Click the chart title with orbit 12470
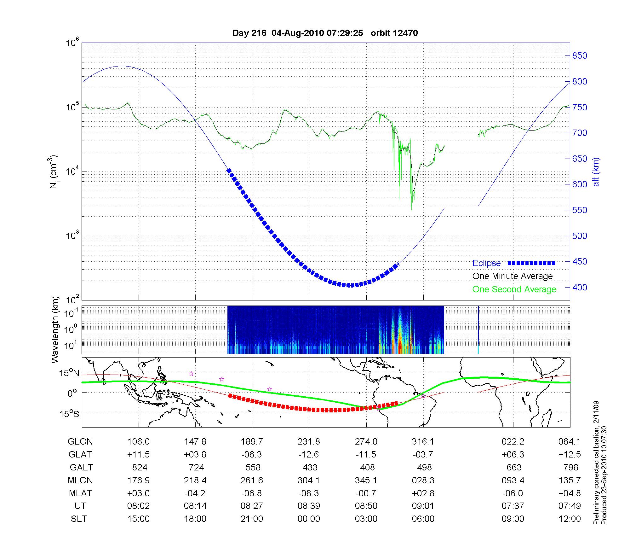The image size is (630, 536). point(325,33)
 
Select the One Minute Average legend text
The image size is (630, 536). point(513,276)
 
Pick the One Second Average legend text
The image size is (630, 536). point(514,289)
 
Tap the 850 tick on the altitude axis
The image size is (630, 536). point(580,56)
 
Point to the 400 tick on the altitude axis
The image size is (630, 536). point(580,288)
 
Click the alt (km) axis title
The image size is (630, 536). point(596,172)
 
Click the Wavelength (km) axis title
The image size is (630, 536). point(55,329)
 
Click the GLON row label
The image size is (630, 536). point(80,442)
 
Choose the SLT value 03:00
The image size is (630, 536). point(366,519)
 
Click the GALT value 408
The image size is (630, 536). point(367,467)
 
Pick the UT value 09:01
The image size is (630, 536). point(423,506)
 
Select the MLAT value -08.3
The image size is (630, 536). point(309,493)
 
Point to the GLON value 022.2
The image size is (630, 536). point(513,442)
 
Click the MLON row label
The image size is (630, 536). point(80,481)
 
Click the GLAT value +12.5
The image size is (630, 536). point(570,455)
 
